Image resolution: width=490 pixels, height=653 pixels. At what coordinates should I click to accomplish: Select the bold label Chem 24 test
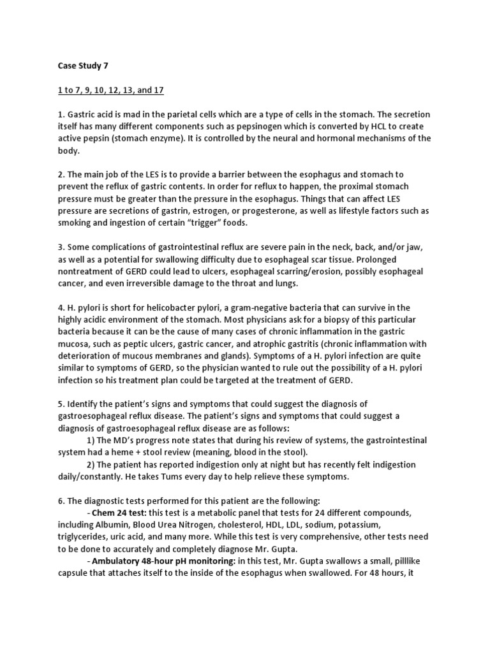pos(120,513)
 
